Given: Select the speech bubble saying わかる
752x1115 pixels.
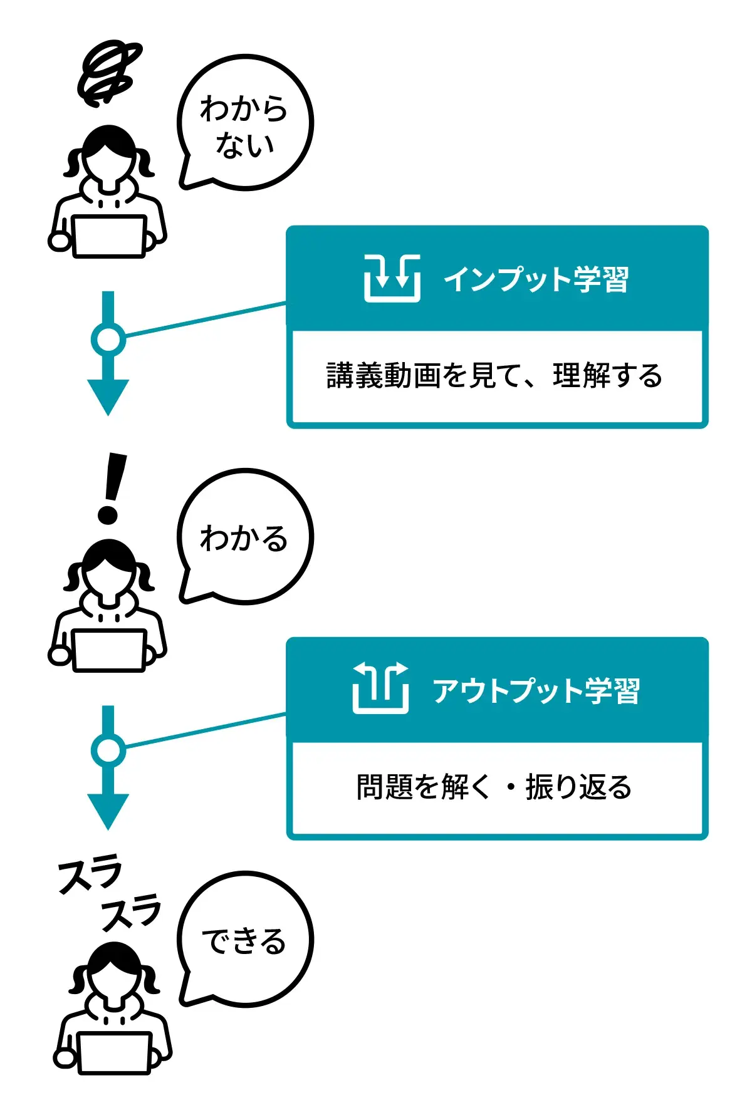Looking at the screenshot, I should (245, 537).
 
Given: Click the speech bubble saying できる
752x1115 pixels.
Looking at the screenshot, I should (245, 939).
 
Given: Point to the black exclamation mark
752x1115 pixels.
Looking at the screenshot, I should (112, 489).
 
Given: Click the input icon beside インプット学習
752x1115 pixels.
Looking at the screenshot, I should (392, 278).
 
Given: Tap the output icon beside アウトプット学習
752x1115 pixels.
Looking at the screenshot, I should (380, 688).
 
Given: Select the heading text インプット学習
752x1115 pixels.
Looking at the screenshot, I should (536, 279).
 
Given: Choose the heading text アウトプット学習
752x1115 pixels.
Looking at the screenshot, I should (536, 690).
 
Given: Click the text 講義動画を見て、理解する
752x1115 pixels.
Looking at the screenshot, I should (494, 376).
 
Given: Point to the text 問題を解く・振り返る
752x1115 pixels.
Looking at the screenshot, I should (494, 787).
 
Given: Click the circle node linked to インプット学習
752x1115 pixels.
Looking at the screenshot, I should (108, 339).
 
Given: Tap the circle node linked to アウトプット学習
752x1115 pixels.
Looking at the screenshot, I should (108, 750).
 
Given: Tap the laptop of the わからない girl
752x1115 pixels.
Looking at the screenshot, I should (109, 236).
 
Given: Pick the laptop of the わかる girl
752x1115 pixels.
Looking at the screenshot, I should (109, 650).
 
